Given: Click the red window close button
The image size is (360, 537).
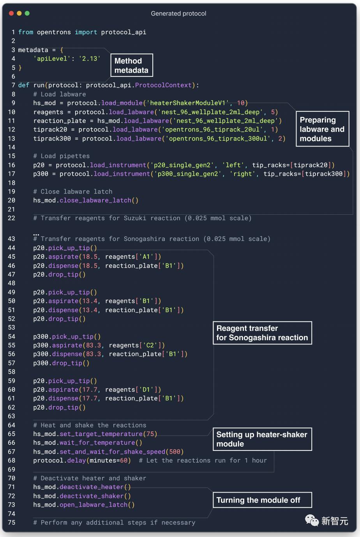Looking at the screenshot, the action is coord(11,13).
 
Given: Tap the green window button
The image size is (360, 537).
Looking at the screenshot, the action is coord(27,13).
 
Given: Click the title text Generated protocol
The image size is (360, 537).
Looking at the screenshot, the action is coord(178,14).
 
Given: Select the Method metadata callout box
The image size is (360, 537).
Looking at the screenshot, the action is coord(132,65).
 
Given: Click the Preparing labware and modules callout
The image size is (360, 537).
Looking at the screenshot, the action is coord(322,129).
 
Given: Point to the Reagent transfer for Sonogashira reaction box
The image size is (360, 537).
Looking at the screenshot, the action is coord(262,333).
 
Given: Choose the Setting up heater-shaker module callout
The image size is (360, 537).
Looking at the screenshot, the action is coord(262,439).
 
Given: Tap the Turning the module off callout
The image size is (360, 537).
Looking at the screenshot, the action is coord(262,500).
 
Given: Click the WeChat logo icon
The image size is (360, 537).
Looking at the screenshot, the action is coord(312,521).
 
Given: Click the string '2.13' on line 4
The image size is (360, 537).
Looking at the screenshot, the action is coord(90,59).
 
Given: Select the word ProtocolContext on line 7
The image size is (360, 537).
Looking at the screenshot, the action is coord(163,85).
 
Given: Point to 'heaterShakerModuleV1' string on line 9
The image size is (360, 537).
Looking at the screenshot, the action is coord(188,103).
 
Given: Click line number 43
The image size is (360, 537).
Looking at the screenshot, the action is coord(12,239).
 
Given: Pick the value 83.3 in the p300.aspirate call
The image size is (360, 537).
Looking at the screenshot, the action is coord(93,345).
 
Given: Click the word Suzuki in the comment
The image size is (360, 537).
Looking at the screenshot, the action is coord(135,218).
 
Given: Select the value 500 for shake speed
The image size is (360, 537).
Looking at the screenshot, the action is coord(175,452).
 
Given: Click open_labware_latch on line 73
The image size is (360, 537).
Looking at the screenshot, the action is coord(94,505).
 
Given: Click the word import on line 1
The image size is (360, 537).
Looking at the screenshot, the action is coord(86,32).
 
